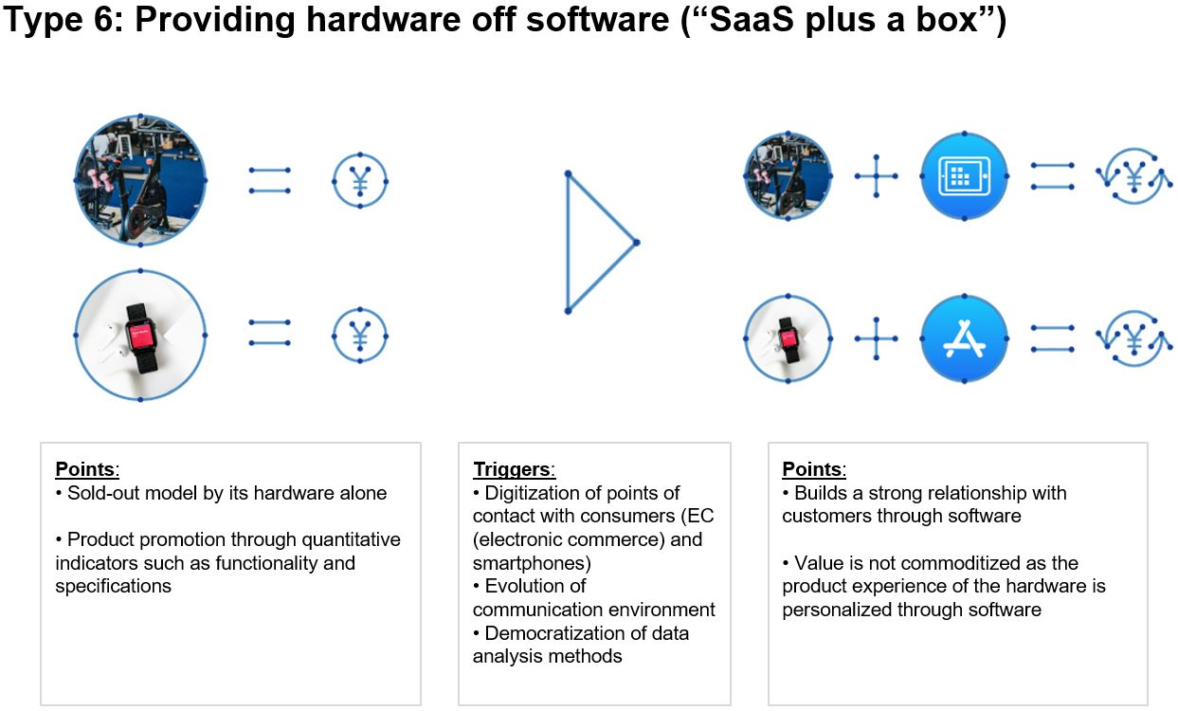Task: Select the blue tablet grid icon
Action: click(x=964, y=177)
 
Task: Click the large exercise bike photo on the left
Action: click(x=140, y=180)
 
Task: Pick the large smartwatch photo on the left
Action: click(x=140, y=336)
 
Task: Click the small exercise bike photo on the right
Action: click(x=788, y=177)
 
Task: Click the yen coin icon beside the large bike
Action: click(x=360, y=180)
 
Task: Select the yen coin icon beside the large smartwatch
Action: click(x=360, y=336)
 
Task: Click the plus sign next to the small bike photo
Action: click(x=876, y=177)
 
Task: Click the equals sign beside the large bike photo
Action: click(x=269, y=180)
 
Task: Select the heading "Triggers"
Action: click(x=512, y=469)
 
